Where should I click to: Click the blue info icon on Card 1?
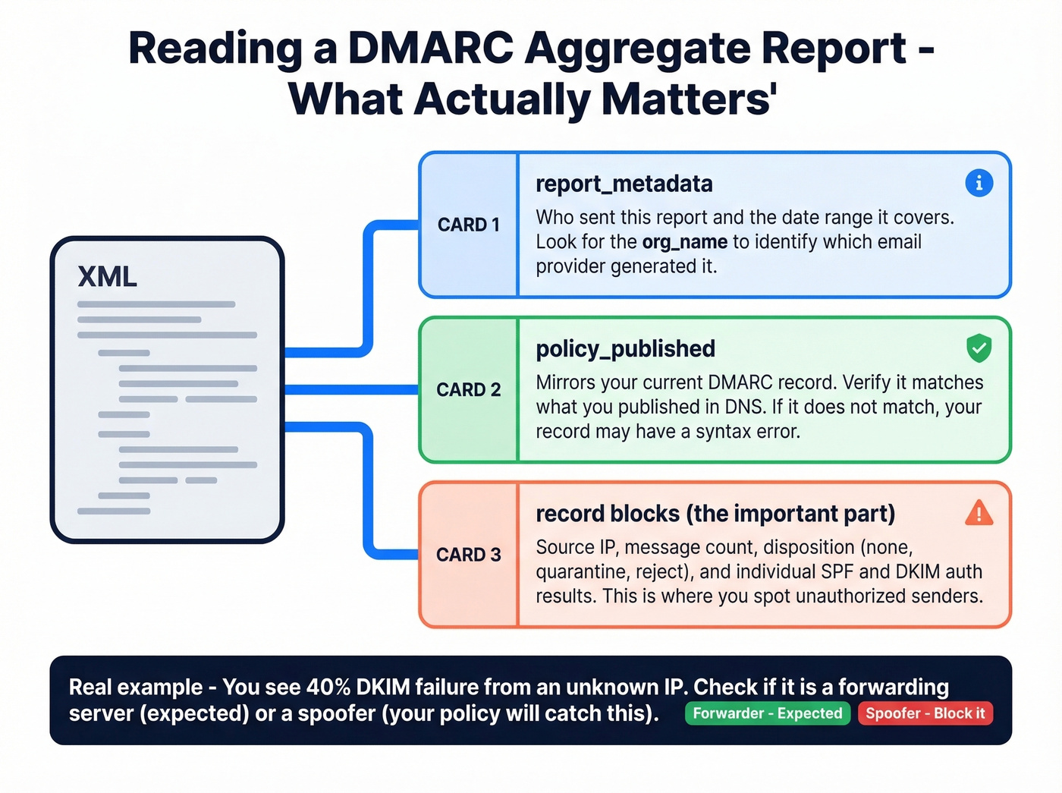979,183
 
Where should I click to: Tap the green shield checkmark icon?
979,348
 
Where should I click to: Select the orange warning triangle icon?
979,514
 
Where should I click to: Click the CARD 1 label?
468,225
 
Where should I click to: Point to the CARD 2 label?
468,389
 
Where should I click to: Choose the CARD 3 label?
468,555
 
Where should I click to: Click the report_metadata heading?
624,184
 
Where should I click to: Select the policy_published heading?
625,348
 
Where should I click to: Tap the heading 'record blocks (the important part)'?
715,514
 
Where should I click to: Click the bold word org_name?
684,242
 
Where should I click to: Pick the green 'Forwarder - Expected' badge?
767,713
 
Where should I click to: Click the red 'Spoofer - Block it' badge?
925,713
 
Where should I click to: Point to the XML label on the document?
107,277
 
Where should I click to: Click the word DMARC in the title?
430,49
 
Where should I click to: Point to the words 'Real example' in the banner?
135,688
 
